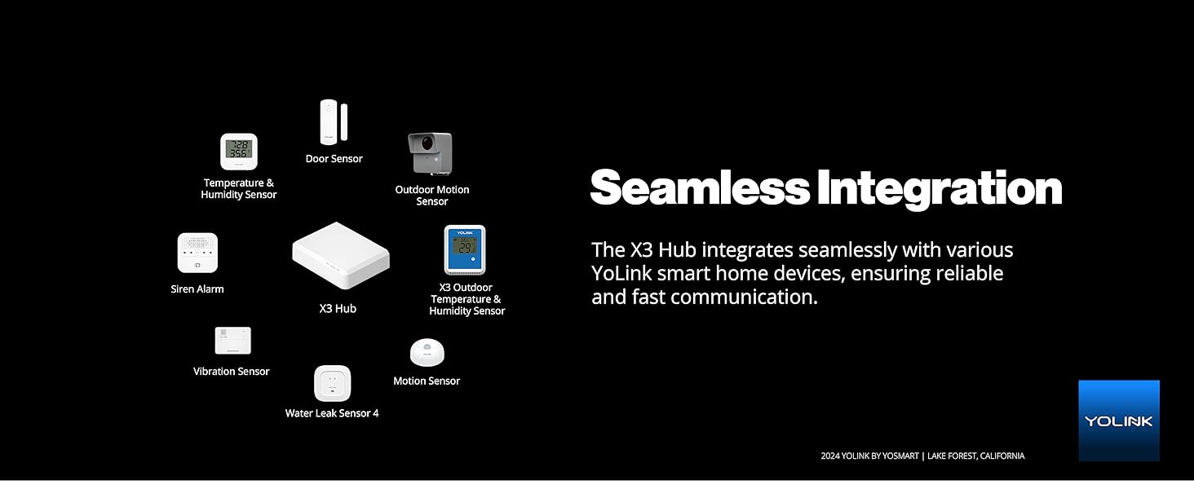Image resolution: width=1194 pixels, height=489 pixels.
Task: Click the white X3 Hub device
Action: (x=340, y=256)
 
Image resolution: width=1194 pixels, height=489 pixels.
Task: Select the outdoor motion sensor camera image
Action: (x=430, y=153)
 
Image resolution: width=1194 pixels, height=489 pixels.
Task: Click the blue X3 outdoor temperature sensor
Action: (x=464, y=249)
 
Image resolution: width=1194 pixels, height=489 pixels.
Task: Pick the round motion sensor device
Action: (x=427, y=353)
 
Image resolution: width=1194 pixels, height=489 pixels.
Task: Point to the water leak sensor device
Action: (x=332, y=383)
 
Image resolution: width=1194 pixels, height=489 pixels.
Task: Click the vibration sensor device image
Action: (x=232, y=341)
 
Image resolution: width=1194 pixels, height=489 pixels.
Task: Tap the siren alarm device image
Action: (x=197, y=253)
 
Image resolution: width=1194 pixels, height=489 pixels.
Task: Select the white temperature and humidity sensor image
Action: (x=238, y=152)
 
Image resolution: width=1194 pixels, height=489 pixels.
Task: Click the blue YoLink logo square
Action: (x=1118, y=421)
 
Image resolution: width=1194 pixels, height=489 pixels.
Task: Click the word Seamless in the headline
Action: (x=699, y=187)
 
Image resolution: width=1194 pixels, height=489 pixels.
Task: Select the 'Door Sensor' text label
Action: (x=334, y=159)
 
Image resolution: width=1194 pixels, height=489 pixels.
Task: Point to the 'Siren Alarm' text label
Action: (x=197, y=289)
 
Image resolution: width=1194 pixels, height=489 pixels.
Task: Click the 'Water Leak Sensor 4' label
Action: (x=332, y=413)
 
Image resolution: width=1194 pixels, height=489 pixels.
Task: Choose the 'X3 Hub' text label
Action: (x=337, y=309)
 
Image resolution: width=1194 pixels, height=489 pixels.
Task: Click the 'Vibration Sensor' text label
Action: (x=231, y=372)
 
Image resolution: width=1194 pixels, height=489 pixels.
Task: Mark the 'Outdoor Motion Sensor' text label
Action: (x=431, y=196)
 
